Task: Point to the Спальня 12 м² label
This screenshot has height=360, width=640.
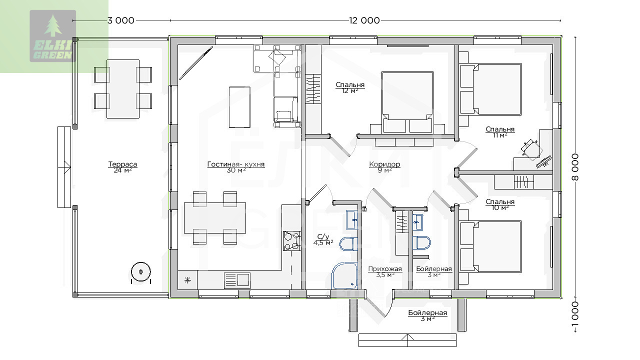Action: (x=350, y=87)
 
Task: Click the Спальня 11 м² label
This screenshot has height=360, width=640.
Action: (x=500, y=132)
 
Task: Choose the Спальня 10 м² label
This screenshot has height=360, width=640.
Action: (x=500, y=204)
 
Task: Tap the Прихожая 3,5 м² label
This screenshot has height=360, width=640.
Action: (x=385, y=271)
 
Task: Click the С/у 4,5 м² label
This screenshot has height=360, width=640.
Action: (x=323, y=239)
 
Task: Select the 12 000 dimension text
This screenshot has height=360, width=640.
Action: (x=364, y=20)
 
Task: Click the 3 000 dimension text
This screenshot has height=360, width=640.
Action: (x=121, y=20)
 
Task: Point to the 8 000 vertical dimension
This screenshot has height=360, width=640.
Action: (x=575, y=167)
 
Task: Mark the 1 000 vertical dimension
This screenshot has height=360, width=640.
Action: (x=575, y=314)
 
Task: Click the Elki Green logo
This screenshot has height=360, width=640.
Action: (x=53, y=36)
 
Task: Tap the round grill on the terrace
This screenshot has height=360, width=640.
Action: (x=141, y=272)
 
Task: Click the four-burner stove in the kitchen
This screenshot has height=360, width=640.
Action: (x=292, y=241)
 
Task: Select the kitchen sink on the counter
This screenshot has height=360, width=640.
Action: (x=237, y=280)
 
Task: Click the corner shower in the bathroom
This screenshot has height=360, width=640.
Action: (x=345, y=275)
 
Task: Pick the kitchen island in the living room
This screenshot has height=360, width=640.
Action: (x=239, y=107)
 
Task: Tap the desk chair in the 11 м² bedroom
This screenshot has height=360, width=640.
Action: (x=531, y=149)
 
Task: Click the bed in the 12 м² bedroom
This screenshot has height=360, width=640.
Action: (x=407, y=102)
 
